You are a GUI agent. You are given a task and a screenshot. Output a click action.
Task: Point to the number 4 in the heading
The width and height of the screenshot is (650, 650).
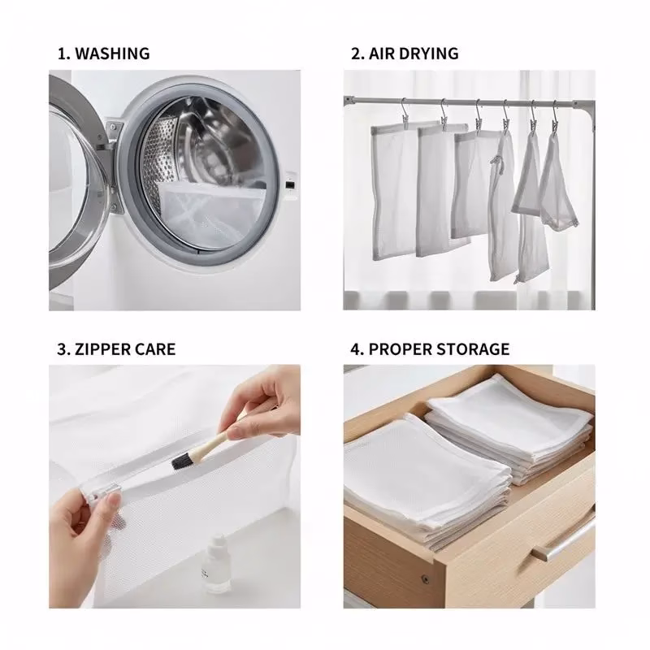(356, 349)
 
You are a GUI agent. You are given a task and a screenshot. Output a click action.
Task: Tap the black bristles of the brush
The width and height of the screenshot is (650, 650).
(180, 461)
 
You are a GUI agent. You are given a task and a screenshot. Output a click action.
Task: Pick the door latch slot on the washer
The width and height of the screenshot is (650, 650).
(290, 185)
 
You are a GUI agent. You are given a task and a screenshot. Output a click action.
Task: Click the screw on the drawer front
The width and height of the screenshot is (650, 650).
(424, 579)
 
